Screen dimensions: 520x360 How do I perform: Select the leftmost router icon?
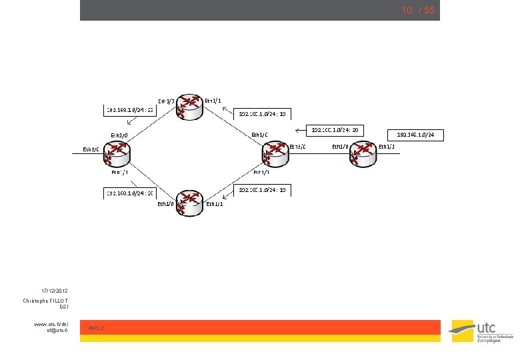pyautogui.click(x=119, y=154)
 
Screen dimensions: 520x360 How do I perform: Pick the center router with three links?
pyautogui.click(x=276, y=154)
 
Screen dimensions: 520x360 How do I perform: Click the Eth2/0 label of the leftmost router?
pyautogui.click(x=91, y=149)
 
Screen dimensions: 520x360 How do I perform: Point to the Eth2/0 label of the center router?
pyautogui.click(x=297, y=146)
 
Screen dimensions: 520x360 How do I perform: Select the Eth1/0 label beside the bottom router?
pyautogui.click(x=165, y=204)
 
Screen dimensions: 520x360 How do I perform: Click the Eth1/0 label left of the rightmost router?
pyautogui.click(x=341, y=146)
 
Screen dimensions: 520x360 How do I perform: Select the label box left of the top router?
pyautogui.click(x=131, y=109)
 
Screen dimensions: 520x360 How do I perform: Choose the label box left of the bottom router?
pyautogui.click(x=131, y=193)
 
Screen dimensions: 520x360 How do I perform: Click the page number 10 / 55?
pyautogui.click(x=417, y=11)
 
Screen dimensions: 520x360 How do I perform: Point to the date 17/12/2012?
pyautogui.click(x=54, y=291)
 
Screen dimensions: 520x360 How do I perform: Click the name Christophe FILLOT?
pyautogui.click(x=45, y=301)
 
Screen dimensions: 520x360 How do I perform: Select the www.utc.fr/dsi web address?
pyautogui.click(x=53, y=324)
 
